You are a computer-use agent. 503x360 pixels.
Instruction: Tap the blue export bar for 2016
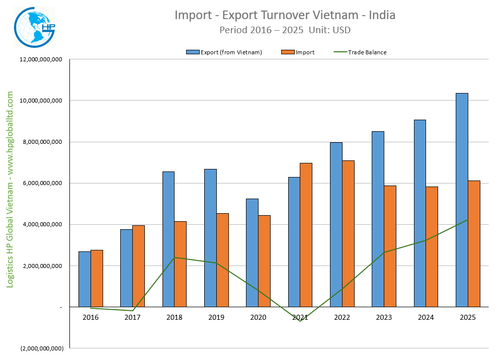point(85,279)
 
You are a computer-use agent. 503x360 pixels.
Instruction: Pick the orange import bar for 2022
point(348,233)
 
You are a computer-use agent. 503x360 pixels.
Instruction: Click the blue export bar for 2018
point(169,239)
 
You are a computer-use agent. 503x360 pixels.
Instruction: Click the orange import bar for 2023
point(390,246)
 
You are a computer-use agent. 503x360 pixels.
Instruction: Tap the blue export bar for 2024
point(420,213)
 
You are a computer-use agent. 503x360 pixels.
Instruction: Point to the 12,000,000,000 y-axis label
point(41,59)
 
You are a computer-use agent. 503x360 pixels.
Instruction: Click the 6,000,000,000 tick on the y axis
point(43,183)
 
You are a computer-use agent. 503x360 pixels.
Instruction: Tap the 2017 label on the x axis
point(132,317)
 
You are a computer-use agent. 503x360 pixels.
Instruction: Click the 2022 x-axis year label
point(342,317)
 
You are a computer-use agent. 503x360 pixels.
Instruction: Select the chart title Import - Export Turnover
point(285,15)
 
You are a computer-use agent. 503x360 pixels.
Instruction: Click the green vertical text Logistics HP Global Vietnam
point(10,189)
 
